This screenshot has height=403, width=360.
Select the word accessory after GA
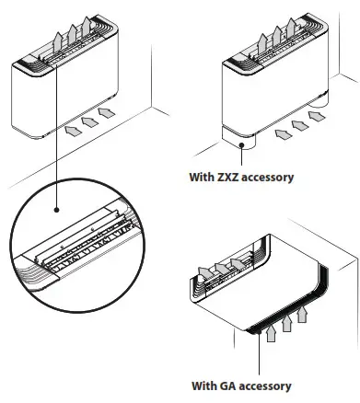265,386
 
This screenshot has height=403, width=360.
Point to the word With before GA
203,386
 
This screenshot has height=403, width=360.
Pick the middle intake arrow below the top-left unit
89,118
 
